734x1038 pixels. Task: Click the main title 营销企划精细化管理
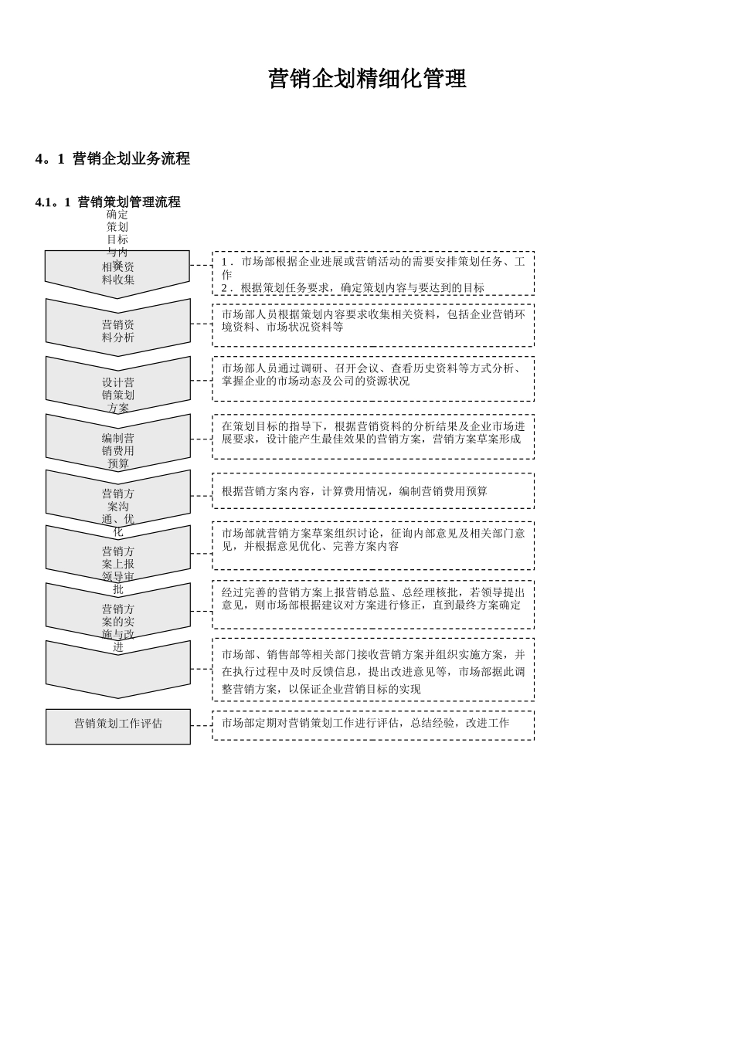[367, 79]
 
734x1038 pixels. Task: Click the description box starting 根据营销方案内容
[373, 491]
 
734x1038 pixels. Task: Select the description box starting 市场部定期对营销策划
[373, 724]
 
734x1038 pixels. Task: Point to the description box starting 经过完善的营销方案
[373, 604]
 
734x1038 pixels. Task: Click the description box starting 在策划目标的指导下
[373, 436]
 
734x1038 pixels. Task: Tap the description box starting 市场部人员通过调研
[373, 378]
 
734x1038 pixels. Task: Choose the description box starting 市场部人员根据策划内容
[373, 324]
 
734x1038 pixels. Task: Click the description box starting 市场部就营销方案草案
[373, 544]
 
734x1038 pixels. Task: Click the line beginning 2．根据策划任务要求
[353, 288]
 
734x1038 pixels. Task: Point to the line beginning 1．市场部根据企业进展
[373, 262]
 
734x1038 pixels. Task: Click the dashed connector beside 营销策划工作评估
[201, 725]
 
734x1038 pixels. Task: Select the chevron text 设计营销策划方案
[118, 394]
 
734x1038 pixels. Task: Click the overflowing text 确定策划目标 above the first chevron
[117, 227]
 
